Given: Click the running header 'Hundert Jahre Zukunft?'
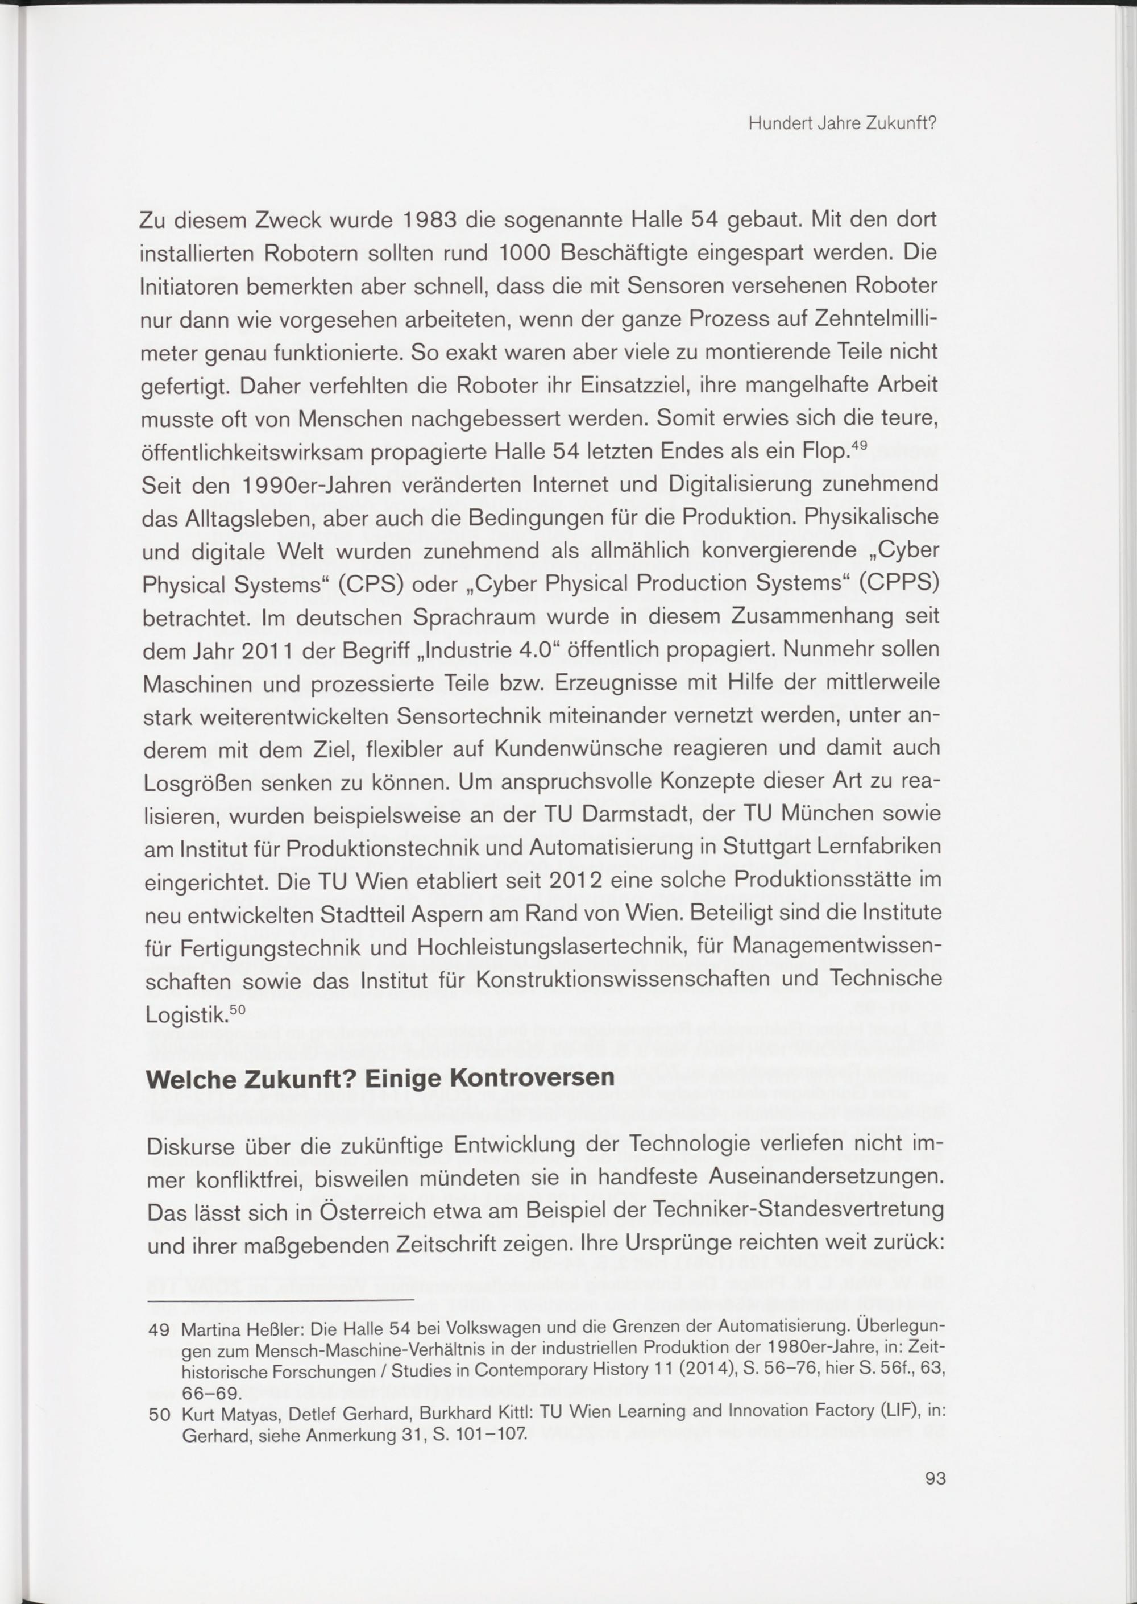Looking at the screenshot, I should point(843,125).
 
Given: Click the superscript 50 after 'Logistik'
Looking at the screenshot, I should point(238,1009).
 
